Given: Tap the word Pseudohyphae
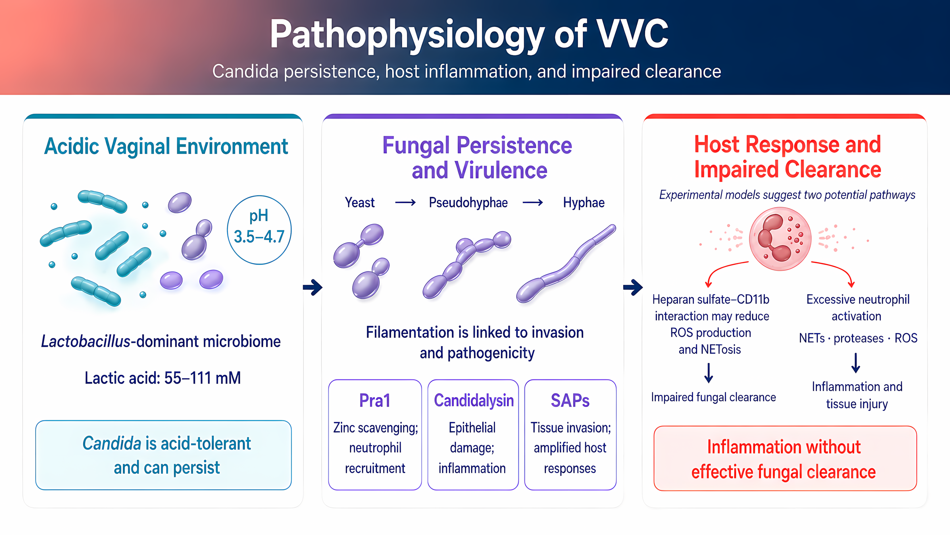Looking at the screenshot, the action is pos(468,203).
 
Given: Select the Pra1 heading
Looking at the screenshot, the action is pos(375,401).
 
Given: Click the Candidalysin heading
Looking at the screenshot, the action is pos(474,401).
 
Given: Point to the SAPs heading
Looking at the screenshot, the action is pos(570,401).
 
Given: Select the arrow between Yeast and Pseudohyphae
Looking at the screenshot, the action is pos(405,203).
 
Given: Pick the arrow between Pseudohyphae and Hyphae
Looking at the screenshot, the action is pos(533,203).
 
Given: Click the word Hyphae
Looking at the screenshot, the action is pos(584,203).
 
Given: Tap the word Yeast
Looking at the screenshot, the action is pos(360,203).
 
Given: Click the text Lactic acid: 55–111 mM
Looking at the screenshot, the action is pos(163,378).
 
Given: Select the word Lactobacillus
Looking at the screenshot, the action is pos(86,341).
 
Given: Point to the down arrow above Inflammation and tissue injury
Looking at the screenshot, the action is pos(856,363).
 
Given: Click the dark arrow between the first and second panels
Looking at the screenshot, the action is pos(313,287).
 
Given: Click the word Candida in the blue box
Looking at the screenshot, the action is pos(112,443).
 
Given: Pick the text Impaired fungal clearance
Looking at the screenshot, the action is pos(713,397).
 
